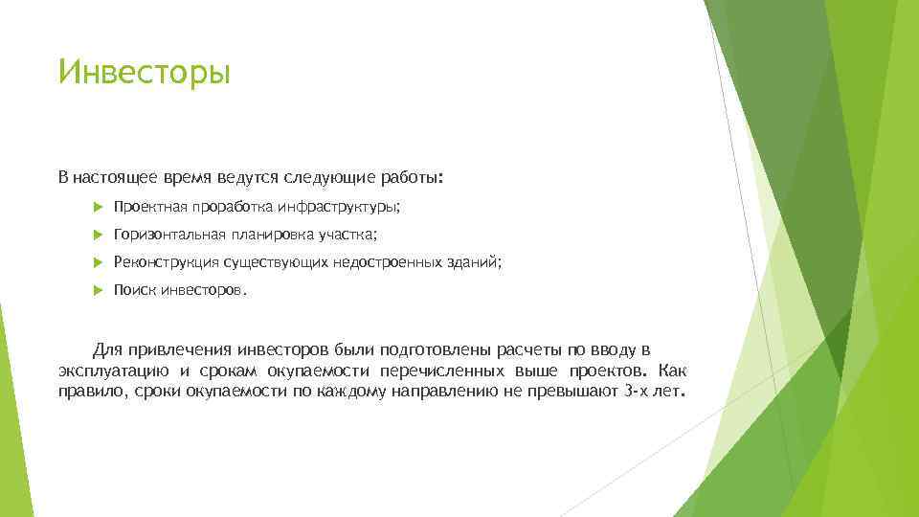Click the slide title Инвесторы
coord(145,73)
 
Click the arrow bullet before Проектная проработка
coord(100,206)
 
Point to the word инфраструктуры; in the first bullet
coord(339,206)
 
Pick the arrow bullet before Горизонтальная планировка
coord(100,234)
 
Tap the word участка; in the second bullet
coord(347,234)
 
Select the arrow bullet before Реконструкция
coord(100,261)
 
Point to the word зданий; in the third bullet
coord(474,261)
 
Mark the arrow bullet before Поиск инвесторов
coord(100,289)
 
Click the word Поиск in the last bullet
coord(132,289)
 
